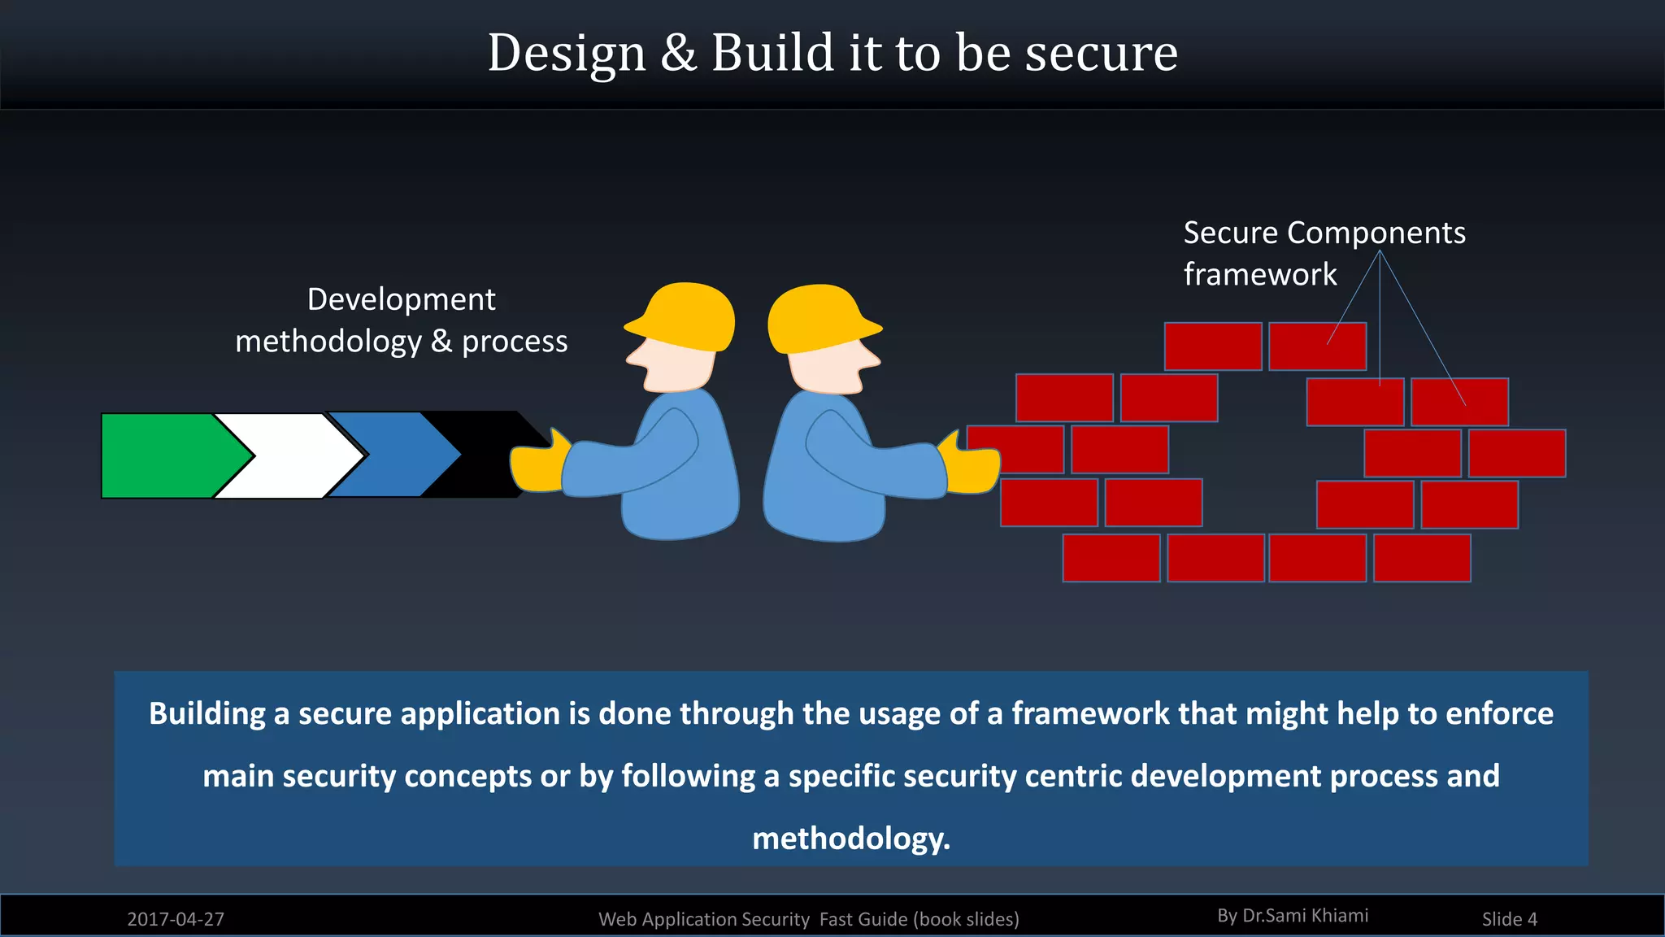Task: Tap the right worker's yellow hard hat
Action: [817, 316]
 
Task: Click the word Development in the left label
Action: [401, 299]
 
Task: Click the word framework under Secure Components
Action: [1260, 274]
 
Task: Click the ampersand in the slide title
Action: [678, 53]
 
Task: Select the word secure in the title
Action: [1101, 53]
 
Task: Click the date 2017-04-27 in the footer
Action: [176, 919]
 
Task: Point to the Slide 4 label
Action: [1509, 919]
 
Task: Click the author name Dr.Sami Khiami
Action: [1305, 916]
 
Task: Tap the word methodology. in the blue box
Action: [851, 839]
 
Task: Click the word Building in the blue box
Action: [207, 713]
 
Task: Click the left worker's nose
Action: [633, 356]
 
